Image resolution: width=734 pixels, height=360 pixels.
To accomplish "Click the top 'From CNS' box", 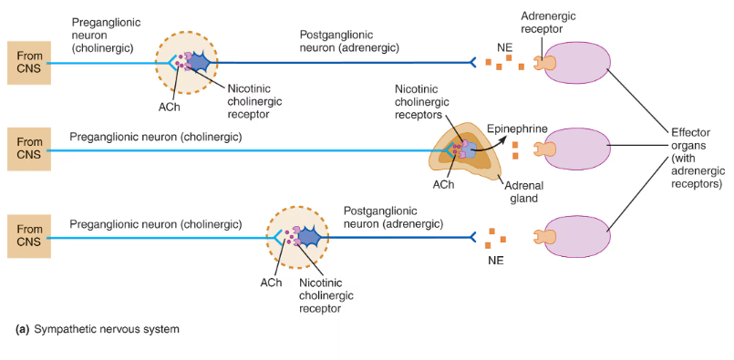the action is click(x=29, y=63).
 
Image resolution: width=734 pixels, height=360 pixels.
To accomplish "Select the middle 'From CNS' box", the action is click(x=29, y=149).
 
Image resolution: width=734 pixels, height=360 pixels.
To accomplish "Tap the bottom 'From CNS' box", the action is click(x=29, y=236).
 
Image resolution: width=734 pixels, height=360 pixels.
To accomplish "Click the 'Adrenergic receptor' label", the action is click(x=548, y=22).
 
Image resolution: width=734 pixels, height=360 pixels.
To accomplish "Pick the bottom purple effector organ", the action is click(x=576, y=236).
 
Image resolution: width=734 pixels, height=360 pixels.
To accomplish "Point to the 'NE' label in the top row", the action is click(x=504, y=47).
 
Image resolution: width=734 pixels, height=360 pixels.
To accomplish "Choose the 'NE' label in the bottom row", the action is click(x=496, y=261).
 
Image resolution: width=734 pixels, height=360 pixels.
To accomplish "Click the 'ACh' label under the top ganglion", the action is click(x=168, y=108).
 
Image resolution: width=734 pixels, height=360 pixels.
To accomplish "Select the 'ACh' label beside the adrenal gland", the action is click(x=443, y=184).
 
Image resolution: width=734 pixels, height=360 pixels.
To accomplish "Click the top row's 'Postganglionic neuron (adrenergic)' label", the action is click(x=349, y=41).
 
